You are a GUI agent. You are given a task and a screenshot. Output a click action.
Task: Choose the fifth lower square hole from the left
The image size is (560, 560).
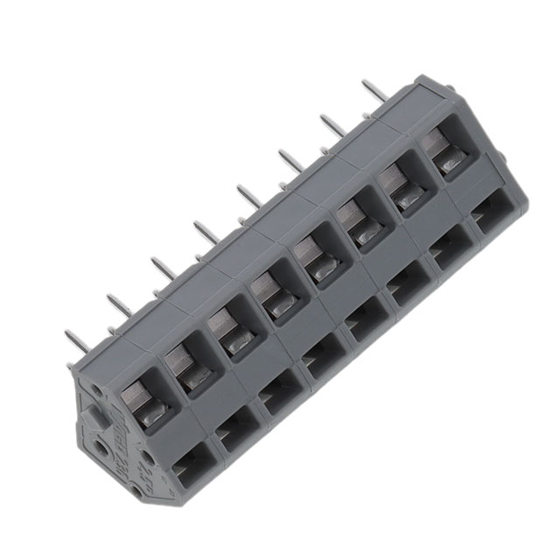(363, 325)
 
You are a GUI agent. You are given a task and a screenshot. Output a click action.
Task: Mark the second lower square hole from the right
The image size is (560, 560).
(450, 255)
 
